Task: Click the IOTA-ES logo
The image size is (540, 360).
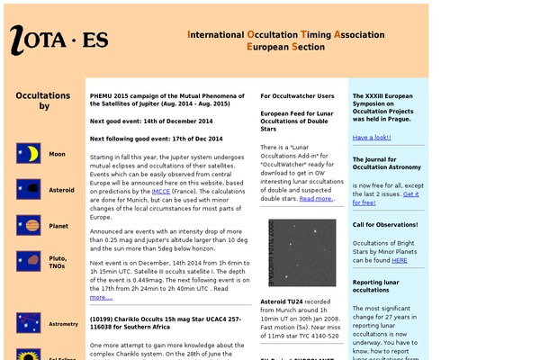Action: click(x=59, y=40)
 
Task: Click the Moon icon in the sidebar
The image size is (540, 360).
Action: click(x=28, y=154)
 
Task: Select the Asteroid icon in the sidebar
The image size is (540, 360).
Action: click(x=28, y=190)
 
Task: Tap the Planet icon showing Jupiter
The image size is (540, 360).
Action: click(x=28, y=226)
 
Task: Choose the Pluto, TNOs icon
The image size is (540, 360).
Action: click(x=28, y=262)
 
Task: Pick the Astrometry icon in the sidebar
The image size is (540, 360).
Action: click(x=28, y=323)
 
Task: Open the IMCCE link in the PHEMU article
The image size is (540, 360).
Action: click(x=161, y=191)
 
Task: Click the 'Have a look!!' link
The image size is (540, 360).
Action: click(x=372, y=138)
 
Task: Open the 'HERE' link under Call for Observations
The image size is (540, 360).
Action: click(x=399, y=260)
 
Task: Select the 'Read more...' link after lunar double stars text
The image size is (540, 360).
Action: click(x=316, y=198)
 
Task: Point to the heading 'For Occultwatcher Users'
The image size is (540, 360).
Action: click(x=297, y=95)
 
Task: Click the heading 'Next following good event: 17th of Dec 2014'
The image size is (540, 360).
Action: click(x=156, y=139)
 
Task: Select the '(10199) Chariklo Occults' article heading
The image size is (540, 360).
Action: click(x=166, y=322)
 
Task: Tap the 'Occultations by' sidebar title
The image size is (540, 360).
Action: click(x=43, y=101)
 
